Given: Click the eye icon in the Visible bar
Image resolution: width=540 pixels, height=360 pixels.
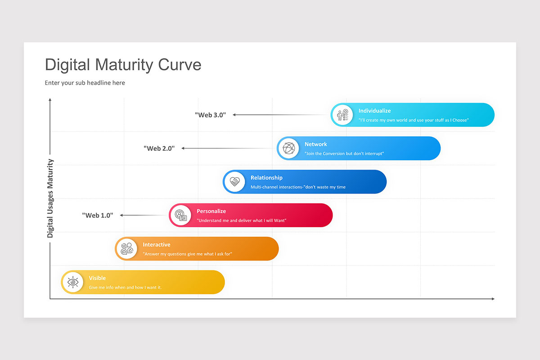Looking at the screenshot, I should (72, 282).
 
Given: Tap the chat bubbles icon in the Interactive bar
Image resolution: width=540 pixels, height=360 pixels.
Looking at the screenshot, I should (126, 249).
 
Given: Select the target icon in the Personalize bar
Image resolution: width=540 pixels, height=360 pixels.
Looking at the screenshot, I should (180, 215).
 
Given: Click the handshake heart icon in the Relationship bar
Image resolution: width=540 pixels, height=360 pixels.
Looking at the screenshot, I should (234, 182).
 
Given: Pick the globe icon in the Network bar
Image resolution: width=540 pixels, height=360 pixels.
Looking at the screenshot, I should (288, 148).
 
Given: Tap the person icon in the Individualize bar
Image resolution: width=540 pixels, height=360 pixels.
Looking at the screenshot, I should (342, 115).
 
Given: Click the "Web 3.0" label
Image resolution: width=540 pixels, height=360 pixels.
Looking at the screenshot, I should (210, 115).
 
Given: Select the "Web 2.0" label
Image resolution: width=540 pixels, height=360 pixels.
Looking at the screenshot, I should (159, 148).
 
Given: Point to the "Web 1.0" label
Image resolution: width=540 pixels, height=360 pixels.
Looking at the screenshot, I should (97, 215).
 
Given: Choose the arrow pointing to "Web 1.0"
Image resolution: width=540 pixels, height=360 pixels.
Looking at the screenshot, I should (144, 215).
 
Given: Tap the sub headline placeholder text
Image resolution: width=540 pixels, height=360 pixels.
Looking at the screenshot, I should (85, 83).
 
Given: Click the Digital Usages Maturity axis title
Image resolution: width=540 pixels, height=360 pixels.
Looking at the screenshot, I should (50, 198).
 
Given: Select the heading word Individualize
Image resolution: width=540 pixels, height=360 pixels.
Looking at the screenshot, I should (374, 111).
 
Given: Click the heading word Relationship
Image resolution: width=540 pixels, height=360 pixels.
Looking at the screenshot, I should (266, 178).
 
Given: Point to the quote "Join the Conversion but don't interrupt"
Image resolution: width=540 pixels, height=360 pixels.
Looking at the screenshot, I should (344, 153).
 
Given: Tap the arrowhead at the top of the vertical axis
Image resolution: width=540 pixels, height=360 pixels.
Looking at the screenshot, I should (50, 99).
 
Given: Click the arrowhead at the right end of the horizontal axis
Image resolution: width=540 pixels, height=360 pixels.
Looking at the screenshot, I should (493, 299).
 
